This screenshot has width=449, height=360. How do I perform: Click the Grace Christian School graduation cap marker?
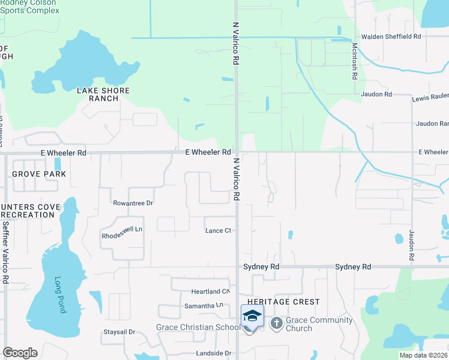click(252, 316)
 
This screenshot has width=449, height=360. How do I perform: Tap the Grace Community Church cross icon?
click(277, 324)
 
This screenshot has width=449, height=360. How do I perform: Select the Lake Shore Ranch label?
click(103, 94)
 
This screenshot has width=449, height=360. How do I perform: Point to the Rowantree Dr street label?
click(134, 203)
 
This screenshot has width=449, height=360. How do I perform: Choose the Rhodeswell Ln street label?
click(122, 229)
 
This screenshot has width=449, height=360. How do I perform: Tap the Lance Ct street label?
click(218, 231)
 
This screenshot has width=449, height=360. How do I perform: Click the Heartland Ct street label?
click(211, 292)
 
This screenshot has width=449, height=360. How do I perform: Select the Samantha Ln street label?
click(203, 306)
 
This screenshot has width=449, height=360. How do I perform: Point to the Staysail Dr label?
click(120, 332)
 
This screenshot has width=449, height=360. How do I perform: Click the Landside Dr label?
click(211, 353)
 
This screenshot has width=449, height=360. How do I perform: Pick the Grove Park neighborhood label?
click(38, 174)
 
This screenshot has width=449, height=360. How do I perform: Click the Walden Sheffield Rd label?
click(396, 37)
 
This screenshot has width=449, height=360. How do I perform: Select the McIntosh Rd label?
click(355, 60)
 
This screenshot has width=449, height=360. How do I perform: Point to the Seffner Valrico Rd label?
click(5, 253)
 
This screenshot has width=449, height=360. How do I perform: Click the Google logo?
click(20, 353)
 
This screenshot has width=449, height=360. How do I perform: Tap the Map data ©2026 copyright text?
click(423, 355)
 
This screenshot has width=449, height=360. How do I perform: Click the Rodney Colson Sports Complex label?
click(30, 7)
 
